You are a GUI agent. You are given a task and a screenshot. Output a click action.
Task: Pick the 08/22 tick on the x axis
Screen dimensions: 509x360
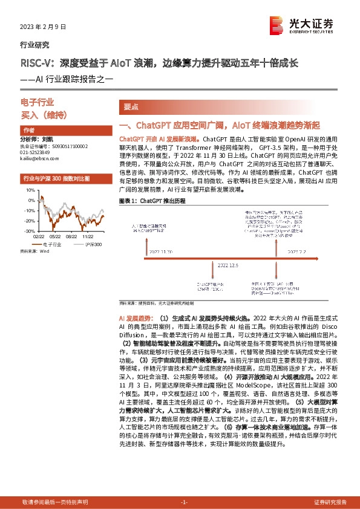tap(70, 238)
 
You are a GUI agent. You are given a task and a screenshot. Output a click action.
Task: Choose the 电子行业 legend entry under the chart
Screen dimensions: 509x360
tap(51, 244)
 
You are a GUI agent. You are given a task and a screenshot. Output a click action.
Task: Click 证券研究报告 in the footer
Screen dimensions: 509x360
tap(330, 502)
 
